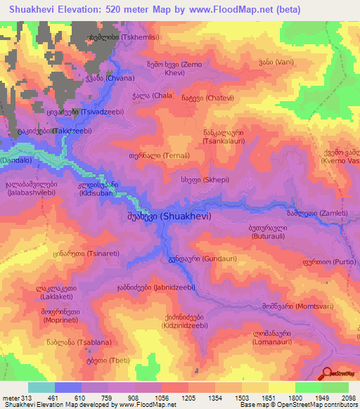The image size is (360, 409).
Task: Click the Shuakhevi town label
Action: coord(169,217)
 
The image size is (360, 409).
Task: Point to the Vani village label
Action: coord(276,61)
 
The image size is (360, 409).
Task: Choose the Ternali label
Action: coord(149,156)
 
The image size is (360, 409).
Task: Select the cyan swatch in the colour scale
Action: coord(41,387)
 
